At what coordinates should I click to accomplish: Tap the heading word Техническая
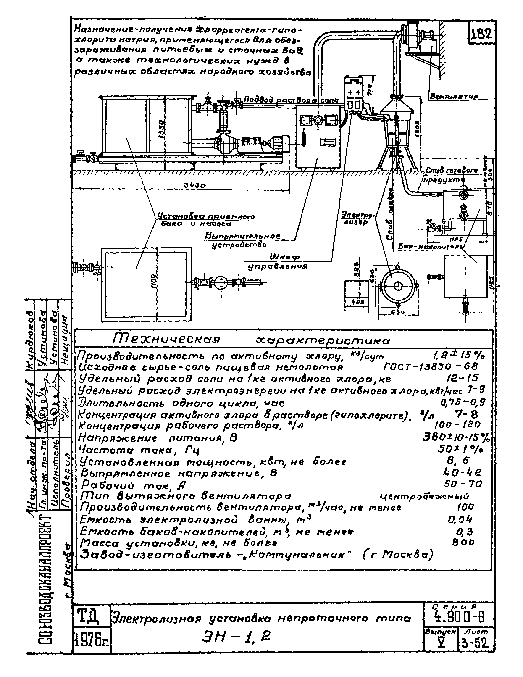click(x=166, y=339)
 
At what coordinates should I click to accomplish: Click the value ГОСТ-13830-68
click(x=431, y=367)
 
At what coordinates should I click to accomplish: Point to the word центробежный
click(x=424, y=497)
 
